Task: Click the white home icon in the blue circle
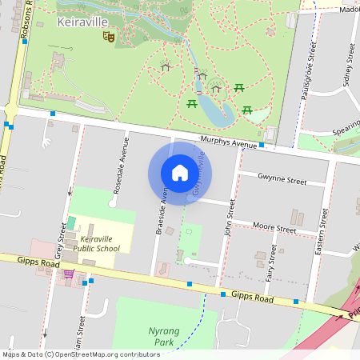pyautogui.click(x=180, y=174)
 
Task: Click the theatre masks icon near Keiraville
pyautogui.click(x=110, y=36)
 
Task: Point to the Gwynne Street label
pyautogui.click(x=282, y=181)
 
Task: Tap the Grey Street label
pyautogui.click(x=60, y=240)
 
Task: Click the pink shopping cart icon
pyautogui.click(x=69, y=274)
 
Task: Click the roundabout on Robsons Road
pyautogui.click(x=10, y=110)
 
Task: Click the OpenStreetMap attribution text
pyautogui.click(x=81, y=354)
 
